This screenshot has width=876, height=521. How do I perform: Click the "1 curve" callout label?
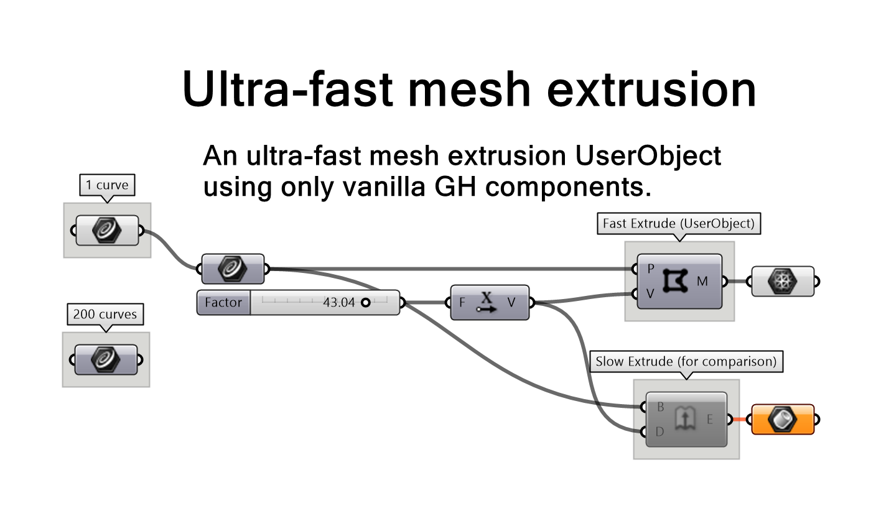click(x=107, y=185)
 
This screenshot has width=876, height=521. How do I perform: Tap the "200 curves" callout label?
click(x=105, y=314)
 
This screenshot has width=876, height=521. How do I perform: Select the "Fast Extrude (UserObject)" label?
click(x=678, y=223)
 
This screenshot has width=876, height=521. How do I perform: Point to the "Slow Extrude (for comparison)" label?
click(x=686, y=361)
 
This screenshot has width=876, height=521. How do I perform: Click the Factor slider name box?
click(x=223, y=303)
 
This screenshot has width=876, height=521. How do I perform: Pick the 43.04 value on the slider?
click(x=338, y=303)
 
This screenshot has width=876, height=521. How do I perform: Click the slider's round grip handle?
click(x=365, y=303)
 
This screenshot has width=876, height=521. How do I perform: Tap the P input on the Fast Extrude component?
click(x=650, y=269)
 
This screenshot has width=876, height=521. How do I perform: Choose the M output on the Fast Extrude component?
click(x=702, y=282)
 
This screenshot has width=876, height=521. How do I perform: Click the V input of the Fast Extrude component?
click(x=650, y=294)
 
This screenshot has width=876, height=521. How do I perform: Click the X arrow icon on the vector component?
click(x=487, y=302)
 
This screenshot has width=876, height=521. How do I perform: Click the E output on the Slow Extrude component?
click(x=709, y=420)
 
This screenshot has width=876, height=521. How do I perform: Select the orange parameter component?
click(x=783, y=420)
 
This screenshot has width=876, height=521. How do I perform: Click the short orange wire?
click(x=739, y=420)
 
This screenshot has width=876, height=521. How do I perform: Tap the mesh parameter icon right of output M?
click(x=783, y=282)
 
